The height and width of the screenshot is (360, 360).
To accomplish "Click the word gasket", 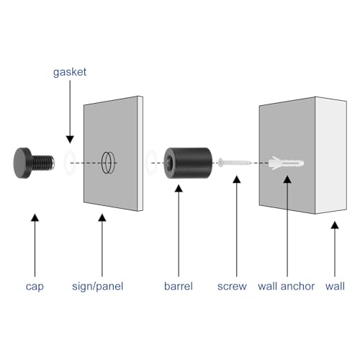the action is [x=70, y=72].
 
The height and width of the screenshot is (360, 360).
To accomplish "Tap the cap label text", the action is [x=35, y=287].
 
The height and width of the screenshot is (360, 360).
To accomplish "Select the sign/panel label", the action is [x=98, y=287].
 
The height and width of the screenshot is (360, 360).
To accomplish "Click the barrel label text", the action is [x=179, y=286].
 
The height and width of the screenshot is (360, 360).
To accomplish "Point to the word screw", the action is [x=232, y=287].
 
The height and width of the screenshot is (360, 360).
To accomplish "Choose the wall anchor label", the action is [x=286, y=286].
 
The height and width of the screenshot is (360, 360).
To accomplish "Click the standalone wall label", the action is [x=335, y=286].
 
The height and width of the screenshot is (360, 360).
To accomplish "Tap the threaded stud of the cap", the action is [x=43, y=163].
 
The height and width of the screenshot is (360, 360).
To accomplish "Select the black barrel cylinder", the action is [x=188, y=163].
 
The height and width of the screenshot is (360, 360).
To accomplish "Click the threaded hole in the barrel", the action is [x=169, y=163].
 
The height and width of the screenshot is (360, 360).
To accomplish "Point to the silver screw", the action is [x=235, y=163].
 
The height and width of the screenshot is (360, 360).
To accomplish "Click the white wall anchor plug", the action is [x=286, y=163].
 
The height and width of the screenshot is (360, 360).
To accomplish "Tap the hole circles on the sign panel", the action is [x=108, y=163].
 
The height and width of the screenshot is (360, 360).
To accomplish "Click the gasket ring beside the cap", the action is [x=70, y=162].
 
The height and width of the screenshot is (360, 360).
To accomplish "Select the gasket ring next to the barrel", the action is [x=152, y=162].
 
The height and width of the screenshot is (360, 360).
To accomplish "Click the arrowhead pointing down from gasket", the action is [x=70, y=140].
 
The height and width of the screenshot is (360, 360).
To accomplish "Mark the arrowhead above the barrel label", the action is [x=179, y=189].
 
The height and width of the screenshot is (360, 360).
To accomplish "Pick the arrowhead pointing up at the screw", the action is [x=237, y=179].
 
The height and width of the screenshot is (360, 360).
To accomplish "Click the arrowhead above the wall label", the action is [x=335, y=225].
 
